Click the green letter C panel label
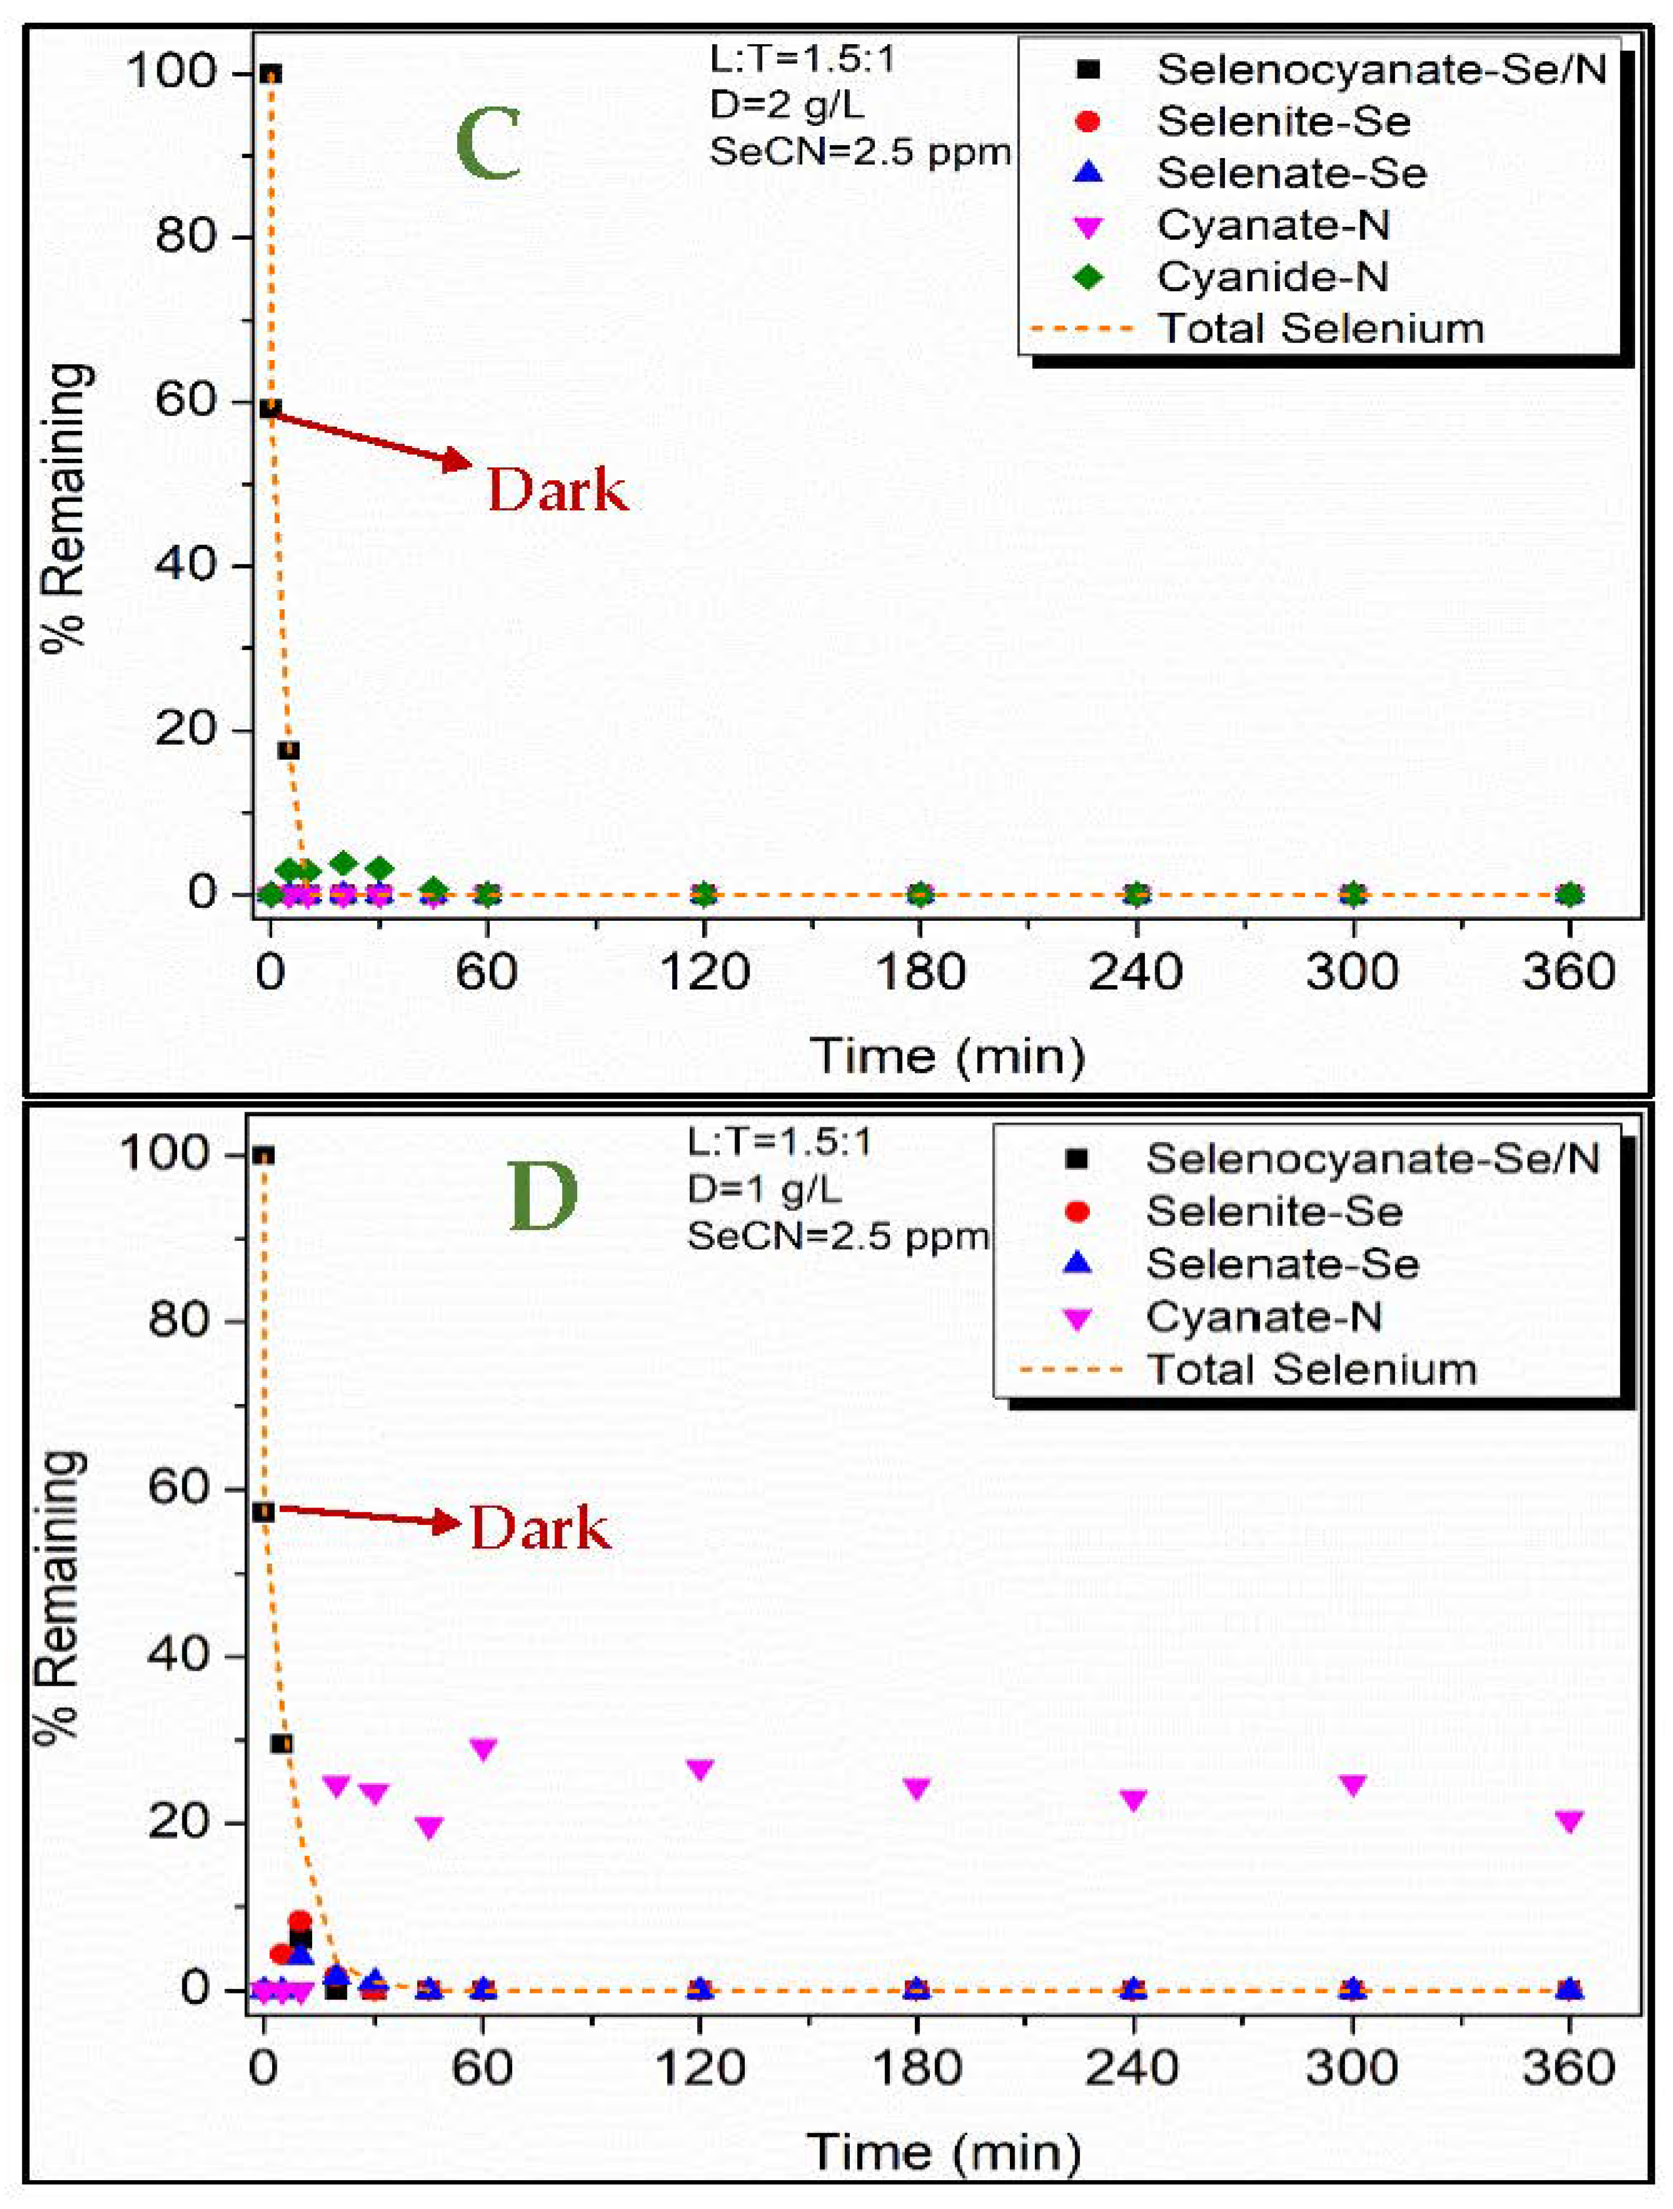489,146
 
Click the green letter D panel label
543,1198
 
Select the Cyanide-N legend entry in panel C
1271,277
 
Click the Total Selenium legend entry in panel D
1310,1369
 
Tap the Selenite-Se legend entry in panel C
1282,121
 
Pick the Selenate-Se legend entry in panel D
1281,1264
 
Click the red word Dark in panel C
557,491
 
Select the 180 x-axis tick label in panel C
920,972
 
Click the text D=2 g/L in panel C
786,105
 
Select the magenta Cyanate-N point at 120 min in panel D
700,1768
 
